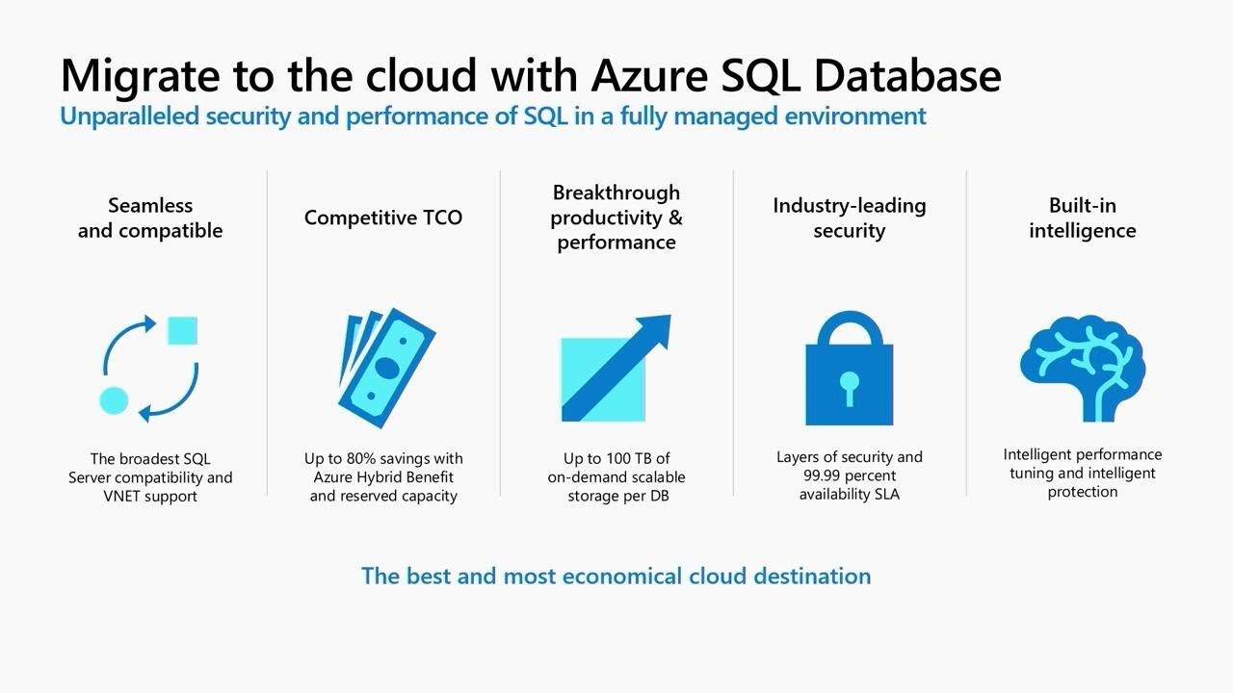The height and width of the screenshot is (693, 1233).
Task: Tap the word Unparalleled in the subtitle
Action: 130,116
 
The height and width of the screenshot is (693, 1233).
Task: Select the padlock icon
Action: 849,368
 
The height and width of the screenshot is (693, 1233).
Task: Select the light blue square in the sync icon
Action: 182,330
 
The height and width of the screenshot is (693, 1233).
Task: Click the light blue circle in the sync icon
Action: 114,400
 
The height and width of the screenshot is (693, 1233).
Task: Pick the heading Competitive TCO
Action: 383,218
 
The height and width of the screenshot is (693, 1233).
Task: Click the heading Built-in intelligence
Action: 1082,218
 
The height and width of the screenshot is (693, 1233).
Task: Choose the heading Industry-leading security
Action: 849,218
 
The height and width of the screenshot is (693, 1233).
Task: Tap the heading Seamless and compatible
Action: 150,218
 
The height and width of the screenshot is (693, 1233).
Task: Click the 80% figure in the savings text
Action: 365,458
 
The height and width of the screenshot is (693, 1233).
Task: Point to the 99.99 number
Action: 823,475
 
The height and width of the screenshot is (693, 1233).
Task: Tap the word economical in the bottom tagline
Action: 622,576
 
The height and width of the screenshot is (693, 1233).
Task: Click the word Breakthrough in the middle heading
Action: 616,192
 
